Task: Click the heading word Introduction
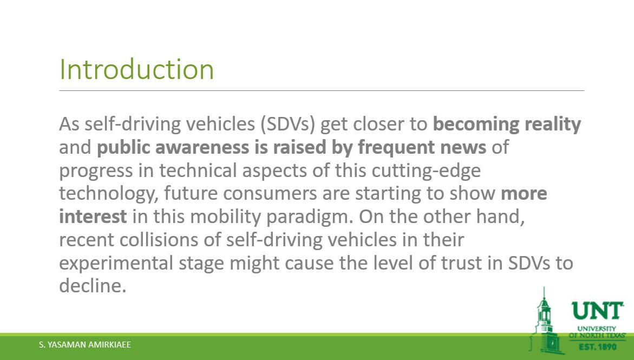pos(136,69)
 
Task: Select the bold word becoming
pos(476,124)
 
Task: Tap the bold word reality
pos(553,124)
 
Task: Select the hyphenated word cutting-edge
pos(426,171)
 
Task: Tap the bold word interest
pos(93,217)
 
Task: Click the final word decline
pos(93,286)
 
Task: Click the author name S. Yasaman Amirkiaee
pos(85,345)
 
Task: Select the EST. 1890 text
pos(597,346)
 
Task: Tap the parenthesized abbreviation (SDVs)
pos(288,124)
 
